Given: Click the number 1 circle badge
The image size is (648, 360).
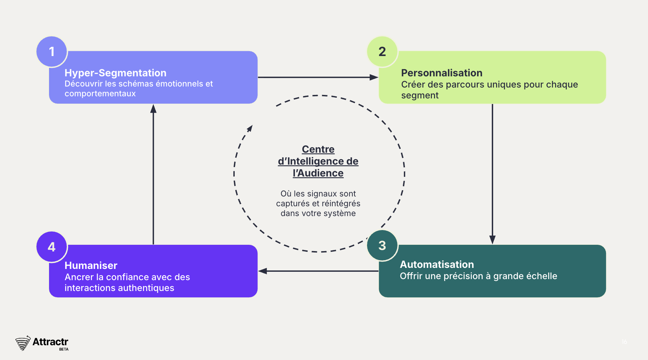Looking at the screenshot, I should [x=52, y=52].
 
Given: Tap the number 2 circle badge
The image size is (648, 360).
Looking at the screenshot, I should [x=382, y=52].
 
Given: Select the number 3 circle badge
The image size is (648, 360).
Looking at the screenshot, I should [x=382, y=245].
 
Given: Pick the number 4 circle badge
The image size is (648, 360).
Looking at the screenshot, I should [x=52, y=247].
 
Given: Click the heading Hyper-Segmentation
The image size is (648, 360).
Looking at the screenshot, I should [x=115, y=73].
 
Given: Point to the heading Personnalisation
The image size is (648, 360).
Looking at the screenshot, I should [x=441, y=73].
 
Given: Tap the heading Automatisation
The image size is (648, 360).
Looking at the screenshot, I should [x=437, y=264].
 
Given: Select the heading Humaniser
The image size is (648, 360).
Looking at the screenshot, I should [x=91, y=265].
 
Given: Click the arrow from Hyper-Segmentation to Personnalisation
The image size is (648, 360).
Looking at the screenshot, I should [x=318, y=77].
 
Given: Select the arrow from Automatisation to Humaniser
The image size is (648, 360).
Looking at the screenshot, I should [x=318, y=271].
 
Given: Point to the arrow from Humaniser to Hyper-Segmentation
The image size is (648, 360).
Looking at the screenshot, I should [x=153, y=174].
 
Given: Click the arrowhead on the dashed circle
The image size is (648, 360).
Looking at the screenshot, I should [x=250, y=128].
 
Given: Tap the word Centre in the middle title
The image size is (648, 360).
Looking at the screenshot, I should [x=318, y=150].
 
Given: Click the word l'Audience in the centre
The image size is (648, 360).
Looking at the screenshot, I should [x=318, y=173].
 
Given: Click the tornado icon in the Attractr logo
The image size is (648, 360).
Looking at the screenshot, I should [x=23, y=343].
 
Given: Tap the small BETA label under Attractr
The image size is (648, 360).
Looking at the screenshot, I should [x=64, y=349].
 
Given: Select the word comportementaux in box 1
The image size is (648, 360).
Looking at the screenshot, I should [x=100, y=94].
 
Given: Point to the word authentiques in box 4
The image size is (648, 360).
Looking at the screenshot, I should [x=147, y=288].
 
